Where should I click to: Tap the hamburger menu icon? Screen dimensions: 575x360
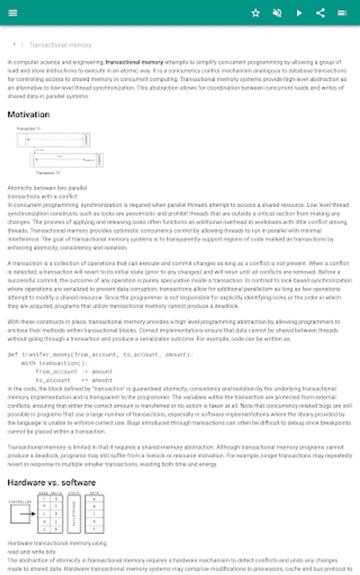[x=13, y=13]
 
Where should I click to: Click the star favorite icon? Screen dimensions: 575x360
[x=256, y=13]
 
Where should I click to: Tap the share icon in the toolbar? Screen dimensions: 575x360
[x=321, y=13]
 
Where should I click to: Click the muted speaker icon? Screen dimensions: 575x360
[x=277, y=13]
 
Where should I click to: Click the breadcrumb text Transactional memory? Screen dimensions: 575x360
[x=60, y=45]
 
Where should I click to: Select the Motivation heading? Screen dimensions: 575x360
[x=28, y=115]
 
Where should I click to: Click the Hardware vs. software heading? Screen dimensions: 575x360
[x=51, y=482]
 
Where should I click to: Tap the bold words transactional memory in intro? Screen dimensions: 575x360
[x=134, y=63]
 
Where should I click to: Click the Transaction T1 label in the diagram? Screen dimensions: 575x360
[x=29, y=129]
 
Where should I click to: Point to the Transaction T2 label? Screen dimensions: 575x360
[x=48, y=173]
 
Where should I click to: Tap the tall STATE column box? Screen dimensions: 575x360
[x=74, y=514]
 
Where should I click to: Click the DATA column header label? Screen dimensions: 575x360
[x=95, y=493]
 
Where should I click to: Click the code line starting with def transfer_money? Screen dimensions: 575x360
[x=100, y=355]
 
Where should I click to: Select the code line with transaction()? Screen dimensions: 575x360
[x=54, y=363]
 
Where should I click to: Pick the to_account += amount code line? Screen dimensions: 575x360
[x=74, y=380]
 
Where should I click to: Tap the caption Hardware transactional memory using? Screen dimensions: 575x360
[x=57, y=543]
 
